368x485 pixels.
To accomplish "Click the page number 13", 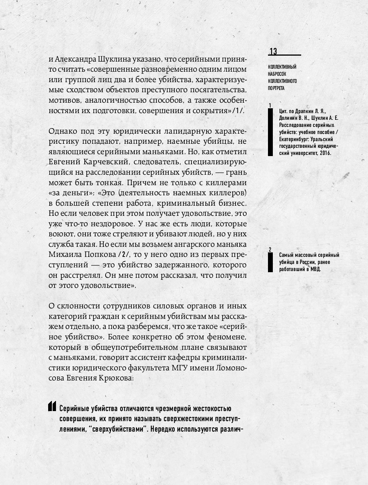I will click(x=273, y=52).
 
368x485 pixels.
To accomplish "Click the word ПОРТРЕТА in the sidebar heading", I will click(x=276, y=88).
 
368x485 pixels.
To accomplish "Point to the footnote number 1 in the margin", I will click(x=270, y=106).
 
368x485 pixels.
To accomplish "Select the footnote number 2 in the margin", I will click(x=270, y=249).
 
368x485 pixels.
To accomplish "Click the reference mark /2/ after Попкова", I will click(x=124, y=255).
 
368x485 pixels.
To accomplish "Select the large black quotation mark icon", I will click(x=52, y=406).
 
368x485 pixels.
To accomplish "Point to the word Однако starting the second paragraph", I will click(x=62, y=131).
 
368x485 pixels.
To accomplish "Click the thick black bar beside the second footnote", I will click(x=270, y=262).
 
